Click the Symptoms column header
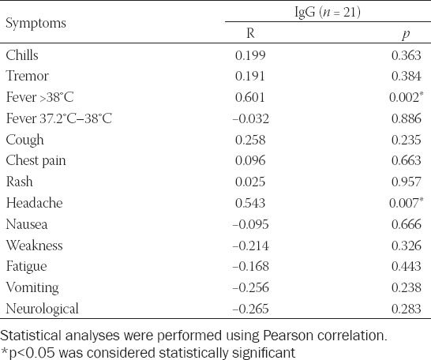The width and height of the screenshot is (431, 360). click(36, 24)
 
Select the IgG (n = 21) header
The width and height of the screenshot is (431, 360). click(328, 12)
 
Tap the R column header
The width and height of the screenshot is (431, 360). click(250, 33)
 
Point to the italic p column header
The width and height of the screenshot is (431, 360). click(406, 34)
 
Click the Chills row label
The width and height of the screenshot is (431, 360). click(22, 55)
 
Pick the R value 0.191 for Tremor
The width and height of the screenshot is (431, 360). click(250, 76)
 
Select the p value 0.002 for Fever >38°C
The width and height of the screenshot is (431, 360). click(404, 97)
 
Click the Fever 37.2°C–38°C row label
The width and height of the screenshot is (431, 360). click(59, 118)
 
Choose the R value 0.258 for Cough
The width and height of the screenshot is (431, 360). click(250, 140)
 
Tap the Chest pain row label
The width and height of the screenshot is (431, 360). click(36, 161)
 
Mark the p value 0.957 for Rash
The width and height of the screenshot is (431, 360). click(407, 182)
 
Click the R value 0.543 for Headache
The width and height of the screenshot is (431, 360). click(250, 203)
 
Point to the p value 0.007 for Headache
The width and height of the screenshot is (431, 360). click(404, 203)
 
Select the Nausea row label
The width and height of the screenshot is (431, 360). click(27, 224)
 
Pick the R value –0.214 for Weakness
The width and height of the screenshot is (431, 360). click(250, 246)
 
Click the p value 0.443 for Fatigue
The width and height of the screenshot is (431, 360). click(407, 266)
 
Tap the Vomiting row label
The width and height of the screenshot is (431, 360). click(32, 287)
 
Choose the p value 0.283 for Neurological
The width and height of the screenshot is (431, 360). click(407, 309)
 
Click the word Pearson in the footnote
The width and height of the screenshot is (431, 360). click(290, 336)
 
